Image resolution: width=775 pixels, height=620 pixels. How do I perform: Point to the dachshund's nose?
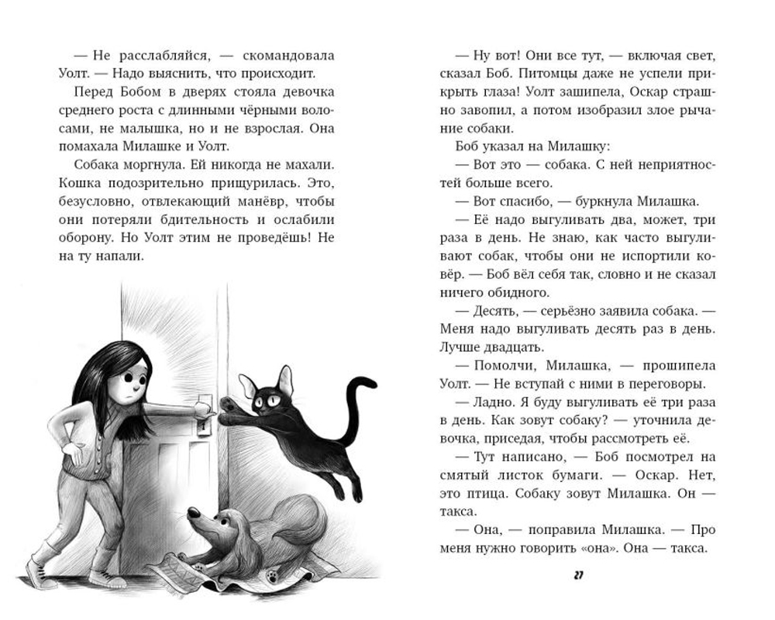tap(191, 513)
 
